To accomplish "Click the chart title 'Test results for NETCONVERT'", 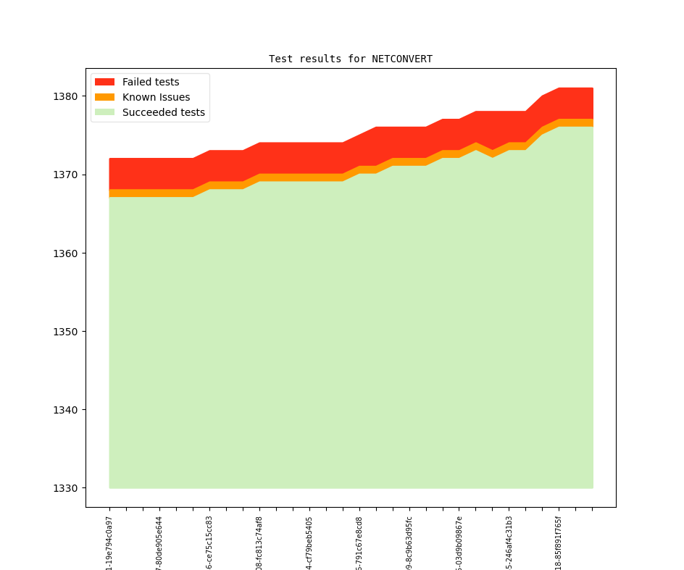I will click(x=351, y=59).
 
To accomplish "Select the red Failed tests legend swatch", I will click(x=104, y=82).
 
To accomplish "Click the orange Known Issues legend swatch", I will click(x=104, y=97).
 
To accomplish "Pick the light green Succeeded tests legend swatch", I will click(x=104, y=112).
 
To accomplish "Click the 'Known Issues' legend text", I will click(x=156, y=97).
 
